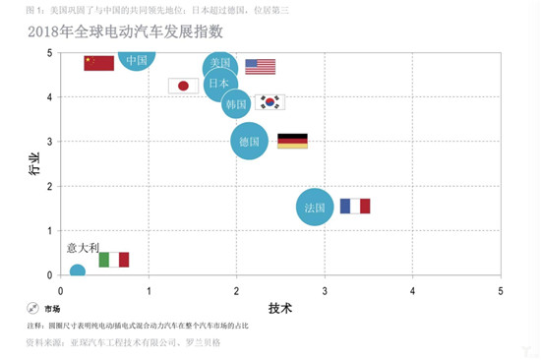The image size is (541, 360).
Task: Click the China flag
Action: (x=99, y=63)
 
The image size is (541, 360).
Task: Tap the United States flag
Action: (x=260, y=67)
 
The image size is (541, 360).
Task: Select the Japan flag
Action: (x=183, y=86)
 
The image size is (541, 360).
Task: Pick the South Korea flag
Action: (x=269, y=102)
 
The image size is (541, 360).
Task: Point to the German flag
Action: (x=292, y=141)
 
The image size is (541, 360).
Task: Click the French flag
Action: (x=354, y=207)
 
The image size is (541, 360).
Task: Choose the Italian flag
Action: (x=114, y=260)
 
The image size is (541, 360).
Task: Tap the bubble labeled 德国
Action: (x=249, y=141)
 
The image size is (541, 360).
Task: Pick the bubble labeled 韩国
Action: (x=236, y=103)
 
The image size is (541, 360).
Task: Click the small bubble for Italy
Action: (x=77, y=271)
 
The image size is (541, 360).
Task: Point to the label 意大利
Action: (x=83, y=247)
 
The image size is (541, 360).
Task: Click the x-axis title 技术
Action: (x=280, y=307)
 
